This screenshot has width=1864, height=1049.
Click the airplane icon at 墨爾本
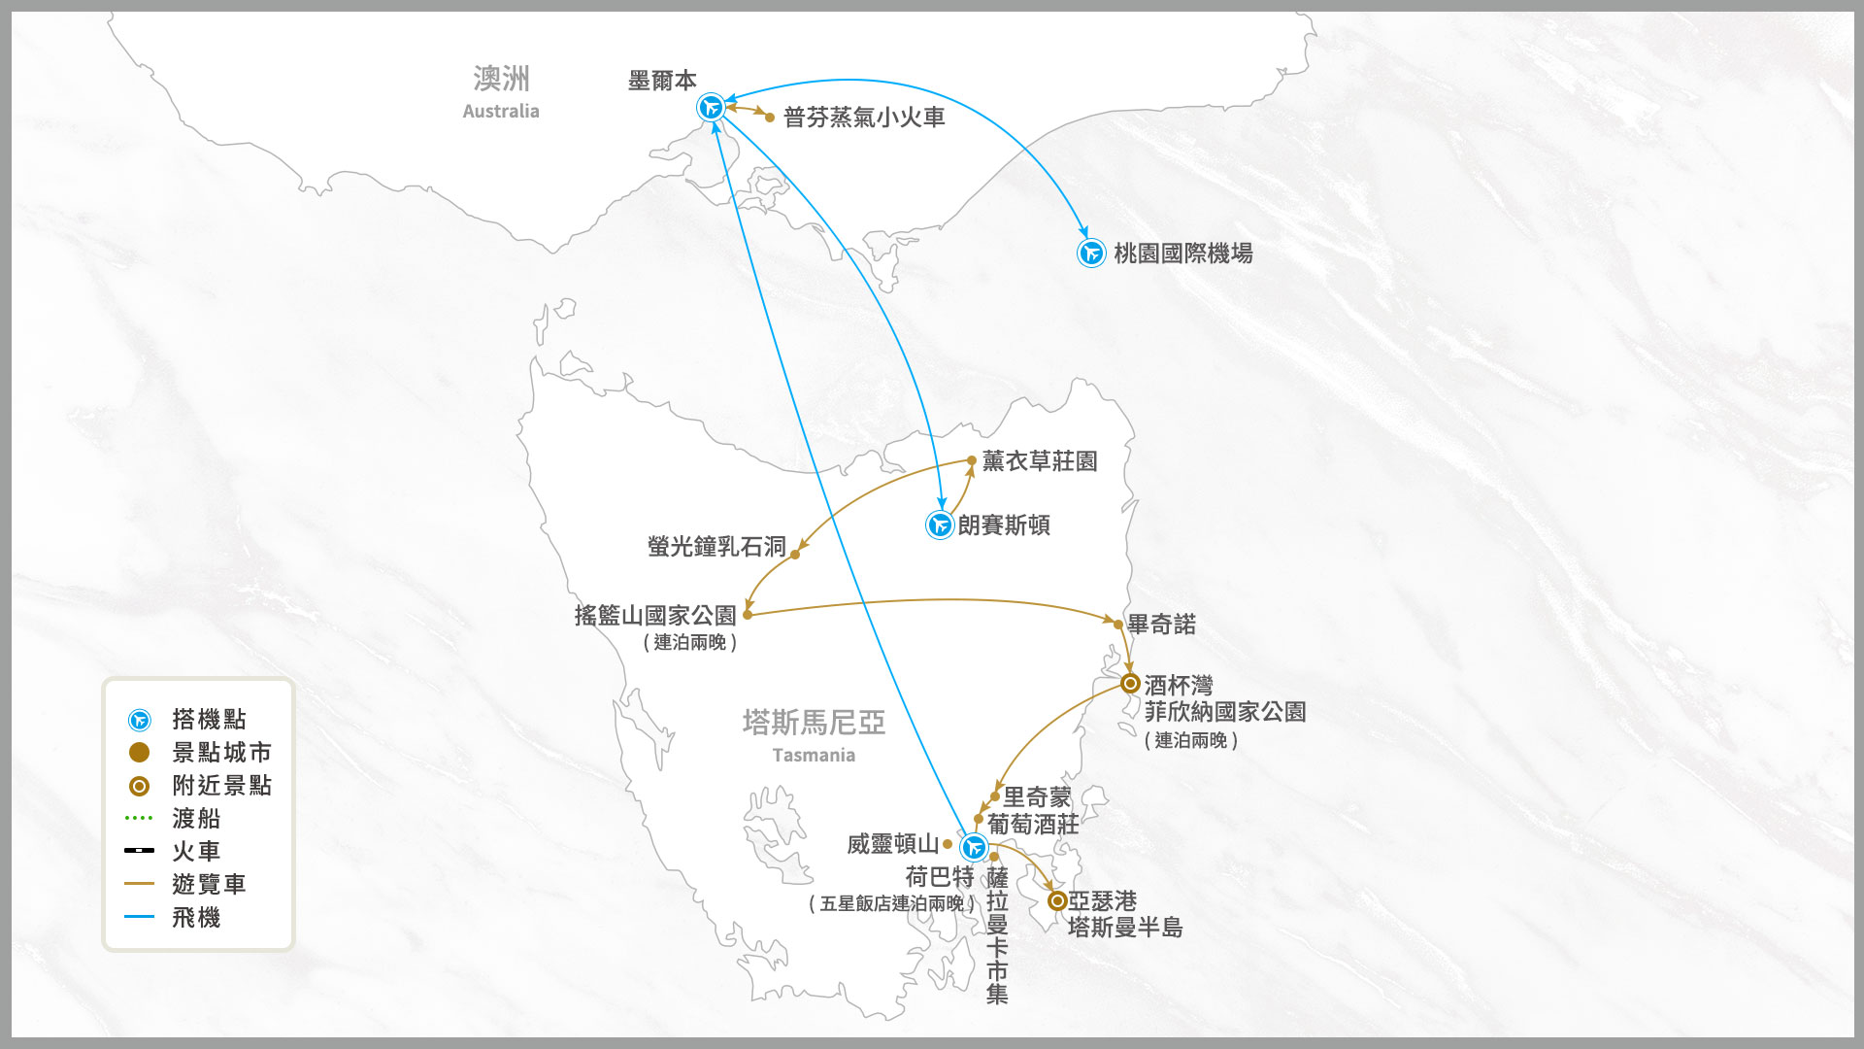(x=712, y=107)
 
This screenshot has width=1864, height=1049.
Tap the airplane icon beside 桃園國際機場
(x=1091, y=254)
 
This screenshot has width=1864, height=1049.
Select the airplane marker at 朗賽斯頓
(x=940, y=525)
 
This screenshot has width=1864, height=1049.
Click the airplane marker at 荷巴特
(x=974, y=847)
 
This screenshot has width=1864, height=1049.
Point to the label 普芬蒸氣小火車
(x=864, y=118)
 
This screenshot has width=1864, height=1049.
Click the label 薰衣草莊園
(x=1040, y=461)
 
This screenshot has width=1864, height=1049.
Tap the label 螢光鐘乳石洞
(x=716, y=547)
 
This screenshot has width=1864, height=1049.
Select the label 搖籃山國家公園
(x=655, y=616)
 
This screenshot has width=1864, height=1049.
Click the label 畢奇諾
(x=1161, y=625)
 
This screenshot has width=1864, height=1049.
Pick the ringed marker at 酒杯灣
(x=1130, y=683)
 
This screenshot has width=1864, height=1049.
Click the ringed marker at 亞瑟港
(x=1058, y=901)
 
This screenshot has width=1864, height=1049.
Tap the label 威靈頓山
(x=893, y=844)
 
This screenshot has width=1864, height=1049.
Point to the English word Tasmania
(x=814, y=756)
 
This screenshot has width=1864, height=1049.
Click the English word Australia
(x=501, y=111)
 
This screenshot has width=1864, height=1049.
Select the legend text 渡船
(x=196, y=819)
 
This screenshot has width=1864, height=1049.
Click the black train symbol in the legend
(x=139, y=851)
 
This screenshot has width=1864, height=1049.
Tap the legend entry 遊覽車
(x=209, y=885)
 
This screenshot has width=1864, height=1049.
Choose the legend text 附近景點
(x=222, y=786)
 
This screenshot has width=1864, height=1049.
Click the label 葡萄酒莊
(x=1033, y=825)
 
